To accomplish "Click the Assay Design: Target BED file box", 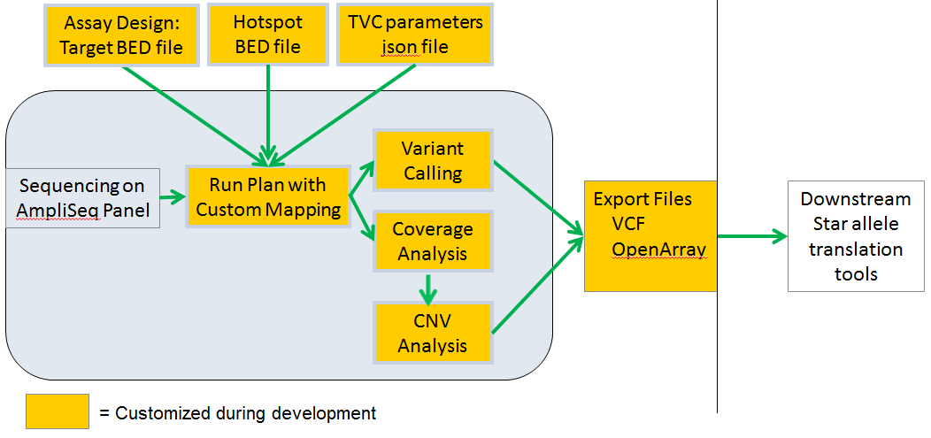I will pyautogui.click(x=120, y=35).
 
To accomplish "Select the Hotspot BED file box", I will pyautogui.click(x=267, y=35).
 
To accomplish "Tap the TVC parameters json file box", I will pyautogui.click(x=411, y=35).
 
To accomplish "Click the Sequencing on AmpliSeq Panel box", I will pyautogui.click(x=83, y=198).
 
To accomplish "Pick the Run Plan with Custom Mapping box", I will pyautogui.click(x=267, y=197).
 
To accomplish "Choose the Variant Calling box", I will pyautogui.click(x=433, y=160).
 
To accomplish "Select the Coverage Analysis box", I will pyautogui.click(x=433, y=242).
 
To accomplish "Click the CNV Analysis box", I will pyautogui.click(x=433, y=332).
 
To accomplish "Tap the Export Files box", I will pyautogui.click(x=650, y=235).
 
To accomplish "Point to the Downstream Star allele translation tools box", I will pyautogui.click(x=855, y=236).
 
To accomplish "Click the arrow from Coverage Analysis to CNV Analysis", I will pyautogui.click(x=428, y=287).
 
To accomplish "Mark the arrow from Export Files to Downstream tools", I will pyautogui.click(x=751, y=236).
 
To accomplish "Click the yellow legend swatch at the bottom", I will pyautogui.click(x=58, y=411).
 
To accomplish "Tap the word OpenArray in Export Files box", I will pyautogui.click(x=658, y=250).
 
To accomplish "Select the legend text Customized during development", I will pyautogui.click(x=245, y=413).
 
